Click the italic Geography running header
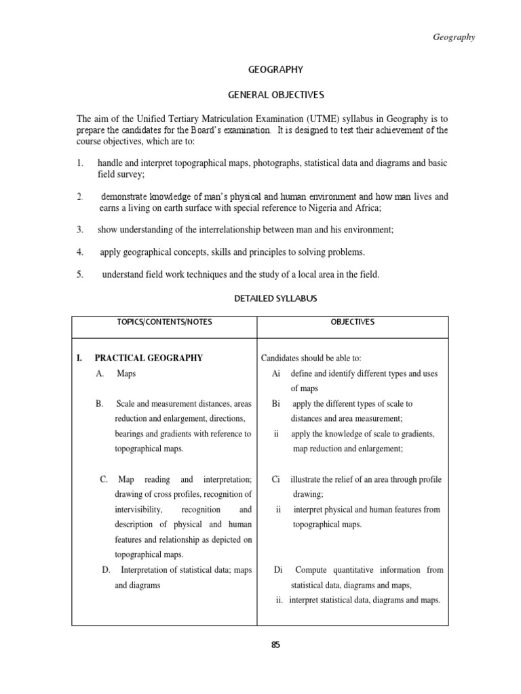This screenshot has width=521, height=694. [x=454, y=37]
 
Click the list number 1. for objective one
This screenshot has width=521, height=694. [x=80, y=163]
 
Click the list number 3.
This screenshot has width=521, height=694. [x=80, y=230]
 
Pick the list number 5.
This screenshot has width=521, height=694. [x=80, y=274]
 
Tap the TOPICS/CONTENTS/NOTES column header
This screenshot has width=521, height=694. [x=165, y=323]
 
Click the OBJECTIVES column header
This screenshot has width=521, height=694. [x=352, y=323]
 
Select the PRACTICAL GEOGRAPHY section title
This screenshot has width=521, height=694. [x=149, y=358]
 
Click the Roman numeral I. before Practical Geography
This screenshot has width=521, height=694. [x=80, y=358]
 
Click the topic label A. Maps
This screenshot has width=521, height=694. [x=117, y=373]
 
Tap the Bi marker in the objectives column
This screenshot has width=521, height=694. [x=275, y=403]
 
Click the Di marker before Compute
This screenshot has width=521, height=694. [x=277, y=570]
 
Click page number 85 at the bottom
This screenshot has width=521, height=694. [x=275, y=645]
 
